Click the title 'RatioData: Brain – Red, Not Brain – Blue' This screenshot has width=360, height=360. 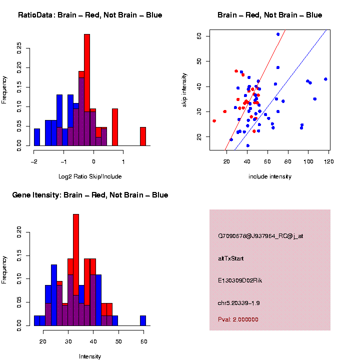pos(90,15)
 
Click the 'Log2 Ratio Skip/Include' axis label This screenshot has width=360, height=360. pos(90,176)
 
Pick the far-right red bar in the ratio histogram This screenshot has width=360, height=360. pos(142,136)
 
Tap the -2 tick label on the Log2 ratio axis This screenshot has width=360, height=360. pos(33,161)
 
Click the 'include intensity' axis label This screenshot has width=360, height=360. pos(269,176)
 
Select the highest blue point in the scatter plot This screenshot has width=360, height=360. pos(278,34)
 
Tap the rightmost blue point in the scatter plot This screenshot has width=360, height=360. pos(325,79)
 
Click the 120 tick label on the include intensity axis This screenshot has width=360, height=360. pos(329,161)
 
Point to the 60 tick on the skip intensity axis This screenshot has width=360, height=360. pos(199,36)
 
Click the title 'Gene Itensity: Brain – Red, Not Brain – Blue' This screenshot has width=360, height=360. pos(90,195)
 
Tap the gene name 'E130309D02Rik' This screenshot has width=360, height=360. pos(240,280)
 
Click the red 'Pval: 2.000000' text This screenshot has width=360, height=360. pos(238,319)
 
